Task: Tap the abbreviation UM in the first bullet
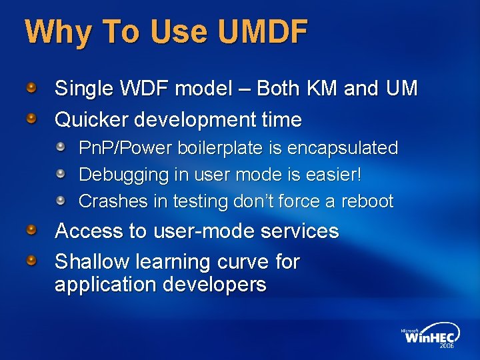point(401,89)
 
